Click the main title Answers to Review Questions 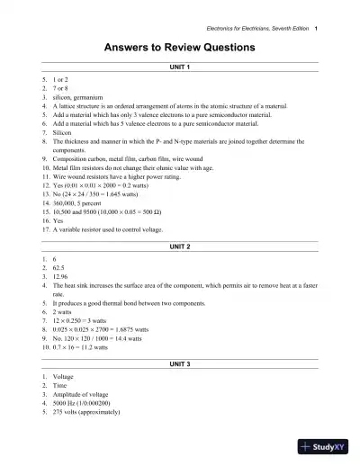[x=180, y=47]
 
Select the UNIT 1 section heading [x=180, y=69]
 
